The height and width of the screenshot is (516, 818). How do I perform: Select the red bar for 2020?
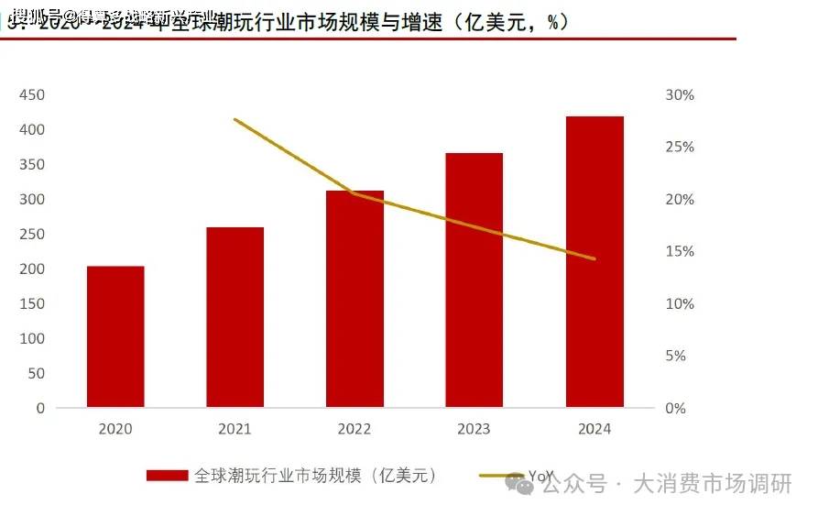pos(115,336)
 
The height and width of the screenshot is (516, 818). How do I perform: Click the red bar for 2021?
pos(234,317)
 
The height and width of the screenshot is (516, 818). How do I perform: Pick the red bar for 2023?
pos(474,280)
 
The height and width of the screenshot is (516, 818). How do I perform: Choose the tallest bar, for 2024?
pos(594,261)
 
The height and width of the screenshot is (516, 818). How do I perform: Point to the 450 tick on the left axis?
pos(32,95)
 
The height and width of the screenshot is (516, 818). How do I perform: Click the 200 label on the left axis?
pos(32,269)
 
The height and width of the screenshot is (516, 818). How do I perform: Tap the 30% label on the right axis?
pos(680,95)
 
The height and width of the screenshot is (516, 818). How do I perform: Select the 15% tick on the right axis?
pos(680,252)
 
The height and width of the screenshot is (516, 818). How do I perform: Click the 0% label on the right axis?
pos(676,409)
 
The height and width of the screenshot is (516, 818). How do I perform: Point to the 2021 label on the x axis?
pos(234,429)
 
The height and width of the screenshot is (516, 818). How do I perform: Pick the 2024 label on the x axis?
pos(594,429)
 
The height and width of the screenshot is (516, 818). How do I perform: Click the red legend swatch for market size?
pos(167,476)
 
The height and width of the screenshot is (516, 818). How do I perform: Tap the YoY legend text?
pos(541,476)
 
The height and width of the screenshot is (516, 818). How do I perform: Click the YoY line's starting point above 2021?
pos(234,119)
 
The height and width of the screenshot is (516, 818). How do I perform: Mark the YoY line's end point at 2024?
pos(594,259)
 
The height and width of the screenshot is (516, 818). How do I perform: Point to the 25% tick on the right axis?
pos(680,148)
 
